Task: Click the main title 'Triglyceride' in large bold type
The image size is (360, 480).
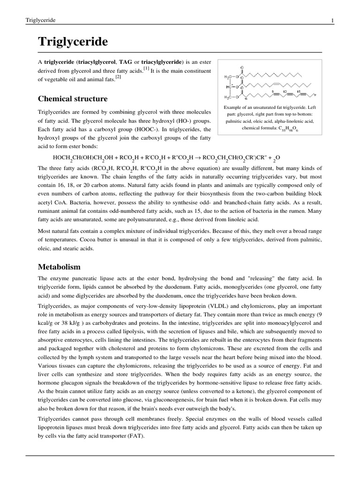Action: [73, 43]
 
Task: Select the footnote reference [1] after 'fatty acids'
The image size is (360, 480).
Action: [147, 68]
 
